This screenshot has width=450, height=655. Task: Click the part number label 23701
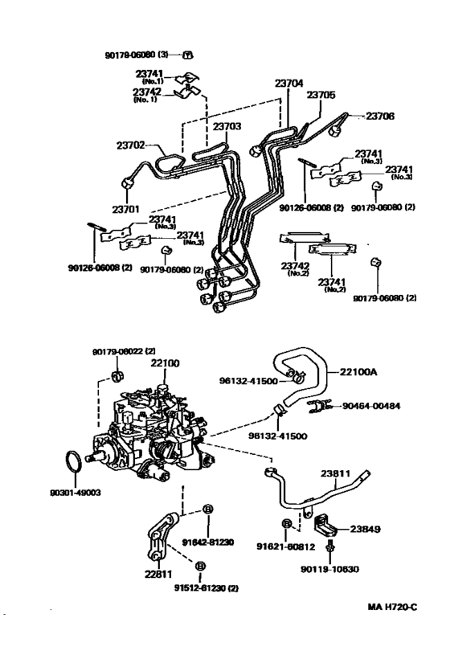(x=127, y=210)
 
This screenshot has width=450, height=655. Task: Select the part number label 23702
(x=130, y=145)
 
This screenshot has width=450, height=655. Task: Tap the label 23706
(x=382, y=116)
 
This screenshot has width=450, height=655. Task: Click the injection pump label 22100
(x=166, y=364)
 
